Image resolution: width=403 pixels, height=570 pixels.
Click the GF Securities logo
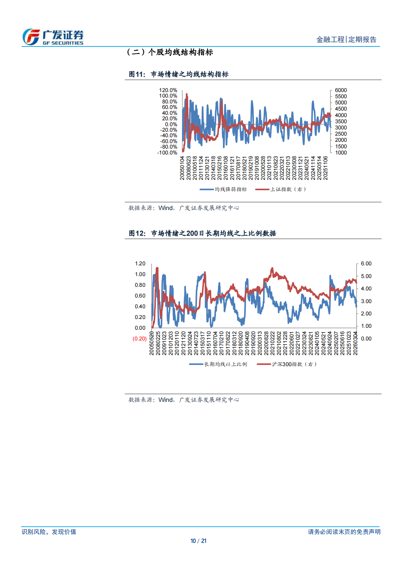[53, 37]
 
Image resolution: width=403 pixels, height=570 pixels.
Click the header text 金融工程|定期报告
[346, 40]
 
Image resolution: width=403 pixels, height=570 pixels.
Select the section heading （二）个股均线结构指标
[169, 52]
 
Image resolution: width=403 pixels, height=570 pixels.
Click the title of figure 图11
[178, 74]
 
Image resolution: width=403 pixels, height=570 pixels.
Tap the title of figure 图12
[202, 233]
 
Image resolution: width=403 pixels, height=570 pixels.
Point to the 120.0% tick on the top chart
[168, 90]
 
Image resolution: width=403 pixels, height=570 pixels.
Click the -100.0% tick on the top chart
[167, 152]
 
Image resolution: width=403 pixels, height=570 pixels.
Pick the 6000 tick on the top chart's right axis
[341, 90]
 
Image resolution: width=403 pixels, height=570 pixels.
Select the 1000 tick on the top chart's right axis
[341, 152]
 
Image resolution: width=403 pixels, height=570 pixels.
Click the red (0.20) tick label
[139, 338]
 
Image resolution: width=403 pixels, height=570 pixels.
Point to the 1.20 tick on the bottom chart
[140, 263]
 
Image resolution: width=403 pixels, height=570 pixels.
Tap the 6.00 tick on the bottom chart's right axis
[366, 263]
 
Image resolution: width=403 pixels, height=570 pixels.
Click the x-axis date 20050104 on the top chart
[182, 168]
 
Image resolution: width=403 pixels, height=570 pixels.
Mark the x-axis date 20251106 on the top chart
[325, 168]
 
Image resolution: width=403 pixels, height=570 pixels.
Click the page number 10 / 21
[198, 541]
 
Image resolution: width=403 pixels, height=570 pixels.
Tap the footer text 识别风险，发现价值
[49, 532]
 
